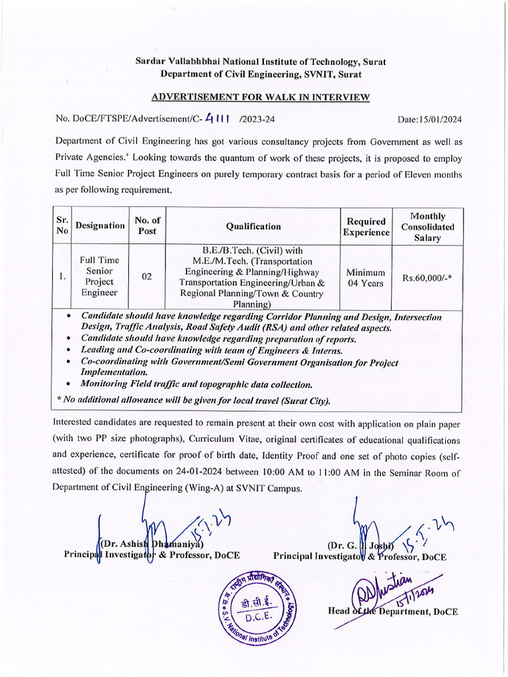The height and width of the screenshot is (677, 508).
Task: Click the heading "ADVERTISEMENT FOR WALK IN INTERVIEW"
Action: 260,97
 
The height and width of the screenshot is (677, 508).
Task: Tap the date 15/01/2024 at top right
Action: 429,120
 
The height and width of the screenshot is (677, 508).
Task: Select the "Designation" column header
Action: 100,226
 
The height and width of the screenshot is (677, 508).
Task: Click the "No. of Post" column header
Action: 147,226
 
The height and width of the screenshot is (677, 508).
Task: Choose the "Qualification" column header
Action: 253,226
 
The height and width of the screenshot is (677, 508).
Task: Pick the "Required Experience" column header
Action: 366,227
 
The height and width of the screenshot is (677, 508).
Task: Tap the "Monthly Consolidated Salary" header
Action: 427,227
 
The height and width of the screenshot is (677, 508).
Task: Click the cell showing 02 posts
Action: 147,277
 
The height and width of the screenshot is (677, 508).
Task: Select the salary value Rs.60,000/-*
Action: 427,278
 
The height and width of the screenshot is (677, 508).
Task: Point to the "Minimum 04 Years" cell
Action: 366,278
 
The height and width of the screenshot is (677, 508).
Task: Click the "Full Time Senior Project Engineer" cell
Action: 99,276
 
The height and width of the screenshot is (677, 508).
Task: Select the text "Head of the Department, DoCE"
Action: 392,612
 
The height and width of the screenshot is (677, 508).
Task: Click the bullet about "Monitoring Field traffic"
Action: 196,384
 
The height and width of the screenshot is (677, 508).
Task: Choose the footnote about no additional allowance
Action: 193,401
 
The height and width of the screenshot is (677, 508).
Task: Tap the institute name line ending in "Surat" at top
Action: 261,61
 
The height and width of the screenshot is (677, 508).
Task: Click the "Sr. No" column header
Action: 62,226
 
